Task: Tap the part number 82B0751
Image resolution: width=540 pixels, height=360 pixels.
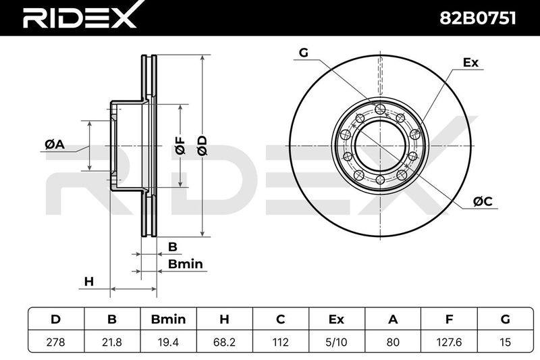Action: (x=478, y=18)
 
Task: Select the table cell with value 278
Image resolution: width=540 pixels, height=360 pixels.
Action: (x=56, y=342)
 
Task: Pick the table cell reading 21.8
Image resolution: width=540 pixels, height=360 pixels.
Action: (x=112, y=342)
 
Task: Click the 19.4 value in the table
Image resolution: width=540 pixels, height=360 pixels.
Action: (x=168, y=342)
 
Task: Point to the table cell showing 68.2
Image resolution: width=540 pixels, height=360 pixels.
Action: (x=225, y=342)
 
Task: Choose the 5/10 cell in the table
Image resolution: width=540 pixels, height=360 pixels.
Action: (x=337, y=342)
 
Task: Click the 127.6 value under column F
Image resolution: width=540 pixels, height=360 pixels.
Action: (x=449, y=342)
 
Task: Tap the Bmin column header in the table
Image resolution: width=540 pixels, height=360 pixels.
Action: (x=168, y=319)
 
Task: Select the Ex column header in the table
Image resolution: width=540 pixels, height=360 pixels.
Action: (x=337, y=319)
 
